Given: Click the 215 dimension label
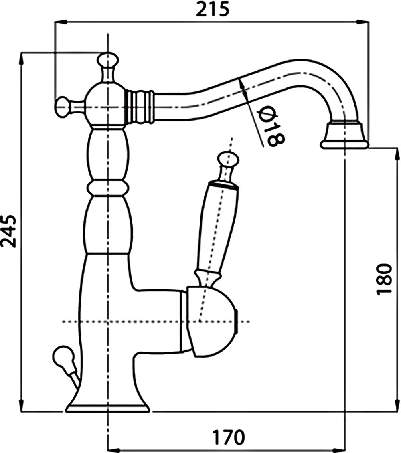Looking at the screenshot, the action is click(213, 9).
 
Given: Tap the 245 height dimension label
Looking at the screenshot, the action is click(9, 231).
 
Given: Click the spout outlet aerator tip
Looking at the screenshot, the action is click(344, 136).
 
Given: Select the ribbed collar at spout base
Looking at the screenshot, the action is click(140, 107).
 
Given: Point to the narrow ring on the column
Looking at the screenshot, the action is click(107, 188).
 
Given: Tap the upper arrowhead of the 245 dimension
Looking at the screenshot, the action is click(21, 59).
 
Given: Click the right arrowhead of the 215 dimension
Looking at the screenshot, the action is click(363, 22).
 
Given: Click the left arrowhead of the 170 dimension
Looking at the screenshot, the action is click(114, 450).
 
